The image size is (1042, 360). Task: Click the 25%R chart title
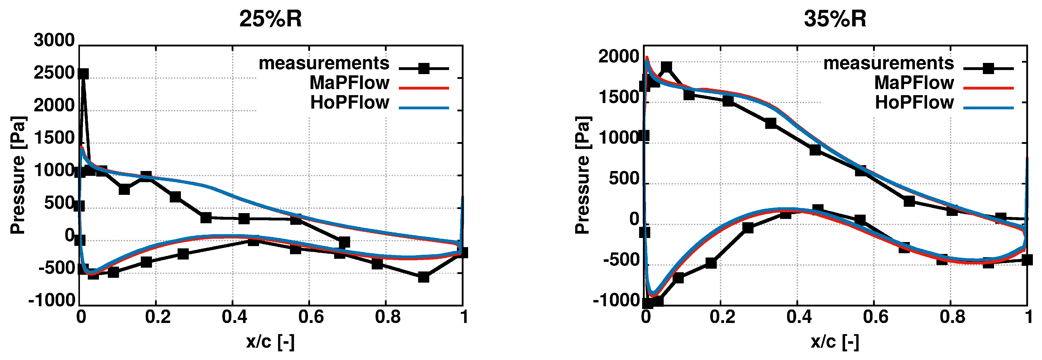point(270,19)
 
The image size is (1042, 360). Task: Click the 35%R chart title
point(835,19)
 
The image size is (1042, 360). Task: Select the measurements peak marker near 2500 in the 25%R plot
point(83,74)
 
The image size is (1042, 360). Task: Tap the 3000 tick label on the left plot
point(54,40)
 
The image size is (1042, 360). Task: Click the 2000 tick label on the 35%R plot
point(619,57)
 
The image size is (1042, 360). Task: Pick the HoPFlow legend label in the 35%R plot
point(914,103)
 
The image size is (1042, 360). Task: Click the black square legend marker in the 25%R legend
point(423,68)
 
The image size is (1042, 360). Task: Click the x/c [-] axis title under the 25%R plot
point(270,342)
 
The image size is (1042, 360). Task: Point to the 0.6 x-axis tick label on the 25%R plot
point(311,317)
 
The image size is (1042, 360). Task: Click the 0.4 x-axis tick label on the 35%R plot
point(799,317)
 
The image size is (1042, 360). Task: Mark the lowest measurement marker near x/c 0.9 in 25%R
point(423,277)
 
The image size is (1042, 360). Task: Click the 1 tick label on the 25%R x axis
point(464,317)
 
